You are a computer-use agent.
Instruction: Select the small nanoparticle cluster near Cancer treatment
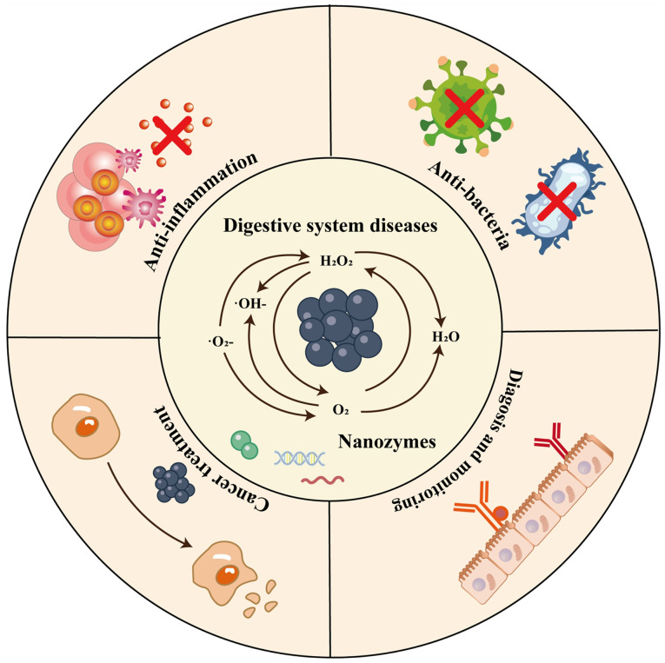(174, 483)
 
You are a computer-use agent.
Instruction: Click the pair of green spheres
(245, 445)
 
